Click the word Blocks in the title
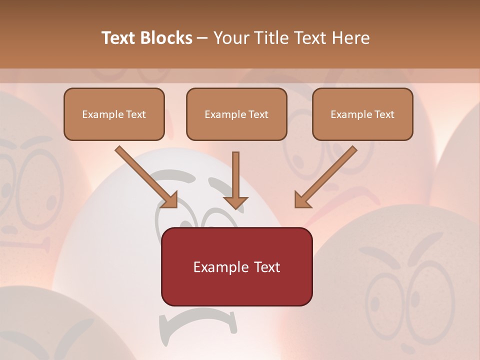click(165, 38)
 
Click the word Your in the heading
click(230, 38)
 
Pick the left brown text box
click(114, 114)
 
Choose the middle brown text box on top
click(236, 114)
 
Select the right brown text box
click(362, 114)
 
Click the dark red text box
click(236, 266)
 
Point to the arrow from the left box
click(145, 175)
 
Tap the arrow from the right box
click(327, 175)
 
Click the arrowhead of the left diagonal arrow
click(170, 200)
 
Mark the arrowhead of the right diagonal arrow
click(301, 200)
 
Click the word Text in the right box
click(384, 114)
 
